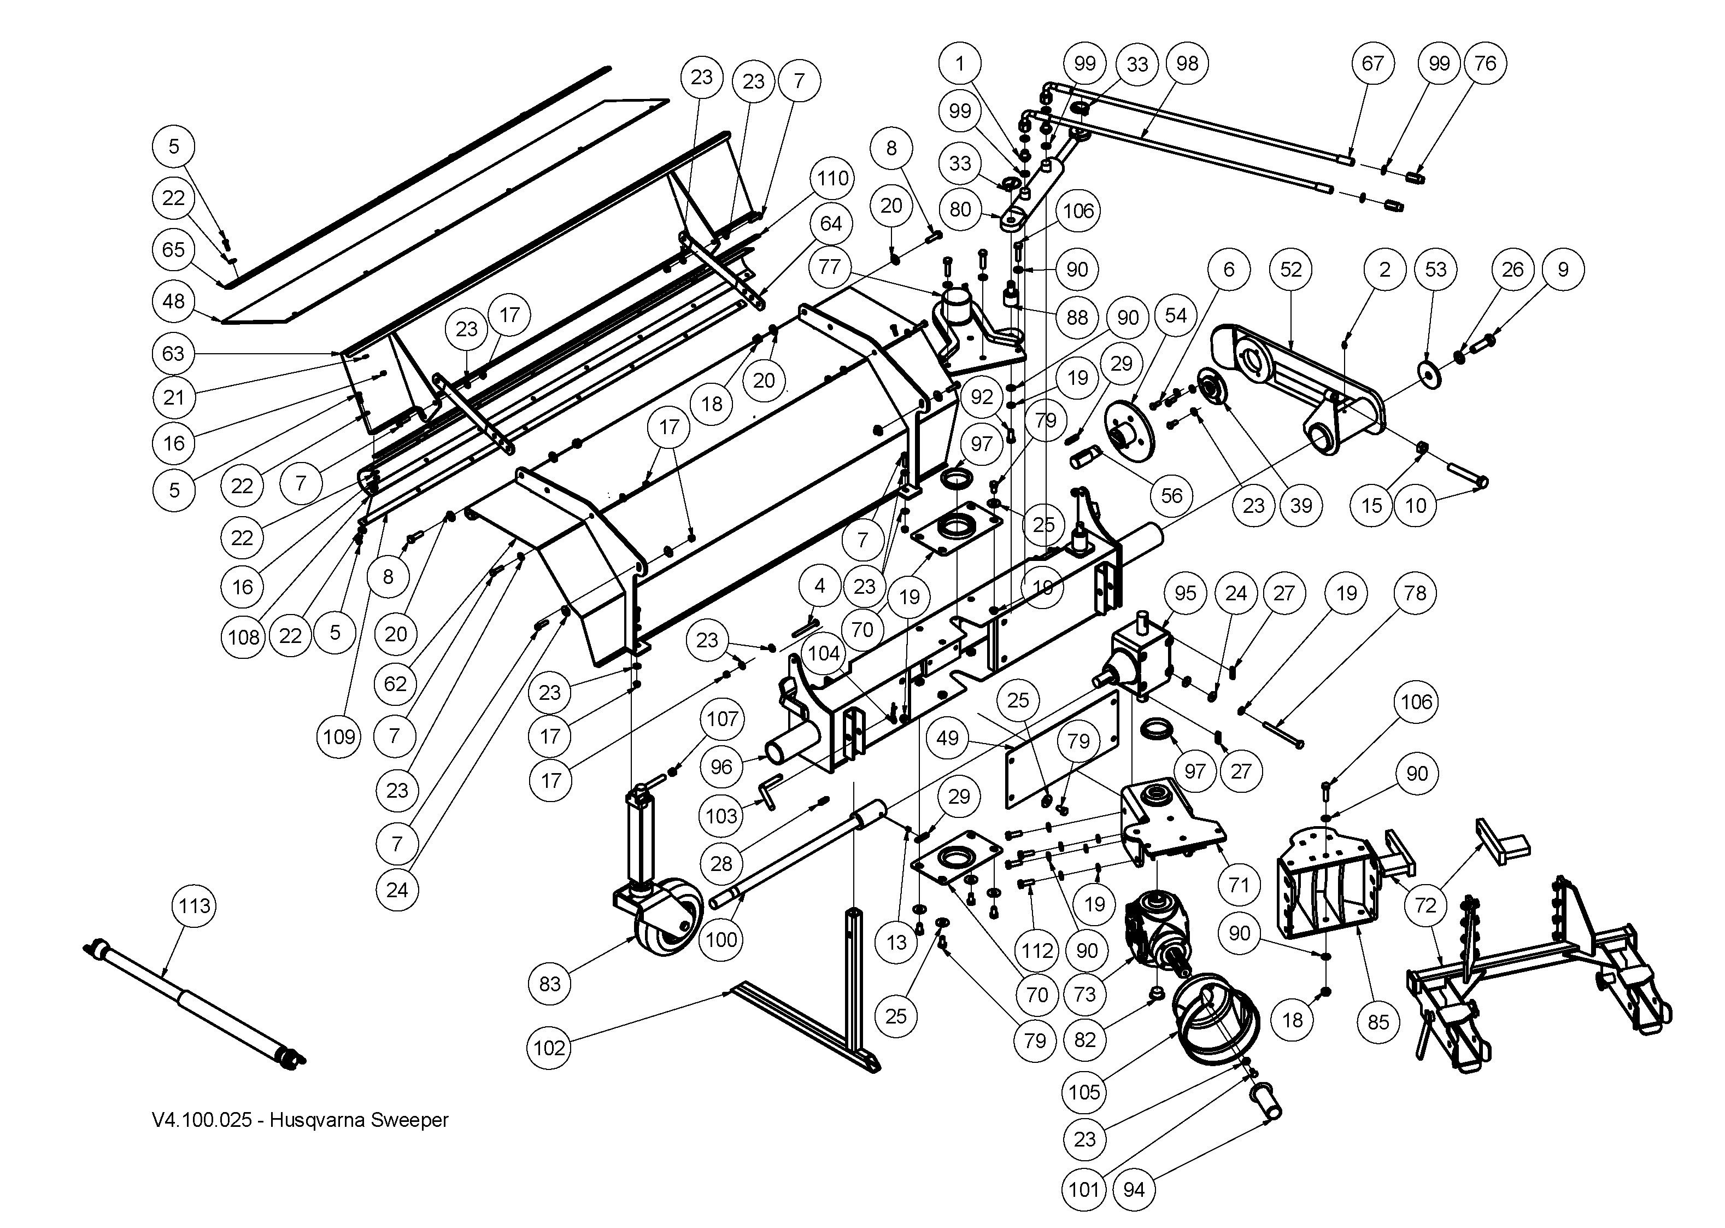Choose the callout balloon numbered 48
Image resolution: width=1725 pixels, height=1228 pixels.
tap(174, 301)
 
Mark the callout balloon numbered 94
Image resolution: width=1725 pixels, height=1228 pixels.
tap(1134, 1189)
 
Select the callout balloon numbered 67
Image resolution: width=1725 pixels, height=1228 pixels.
tap(1373, 63)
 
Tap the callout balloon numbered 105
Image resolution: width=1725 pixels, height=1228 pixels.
tap(1085, 1091)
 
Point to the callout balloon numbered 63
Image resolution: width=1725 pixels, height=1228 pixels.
tap(174, 353)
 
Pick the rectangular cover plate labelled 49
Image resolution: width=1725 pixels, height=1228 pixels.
tap(1064, 749)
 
